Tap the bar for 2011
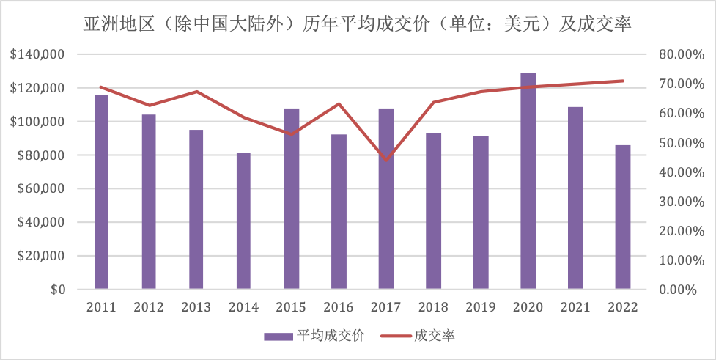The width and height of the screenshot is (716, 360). pos(101,191)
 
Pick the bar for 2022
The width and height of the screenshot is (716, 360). pos(623,217)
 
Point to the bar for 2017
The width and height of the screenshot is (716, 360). pos(386,199)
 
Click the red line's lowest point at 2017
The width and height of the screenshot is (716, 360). pos(386,160)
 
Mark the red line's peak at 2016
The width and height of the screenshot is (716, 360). pos(339,103)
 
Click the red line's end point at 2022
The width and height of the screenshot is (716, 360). pos(623,81)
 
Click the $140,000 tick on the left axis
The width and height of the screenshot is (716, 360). pos(38,54)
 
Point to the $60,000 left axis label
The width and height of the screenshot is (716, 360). pos(41,189)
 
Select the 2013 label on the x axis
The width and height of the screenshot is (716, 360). pos(196,307)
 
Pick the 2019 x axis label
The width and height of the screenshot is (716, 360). pos(481,307)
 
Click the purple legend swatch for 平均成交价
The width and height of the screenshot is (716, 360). pos(278,336)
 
